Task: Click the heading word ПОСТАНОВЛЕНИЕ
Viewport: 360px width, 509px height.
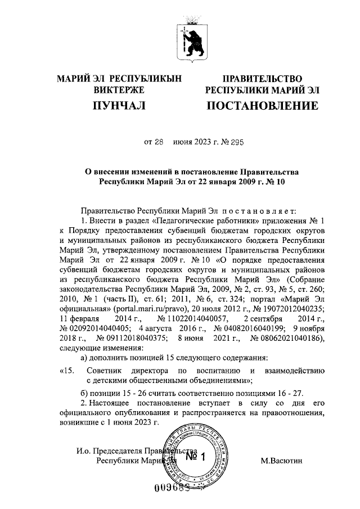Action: tap(262, 106)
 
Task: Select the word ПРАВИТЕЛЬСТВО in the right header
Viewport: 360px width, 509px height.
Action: tap(262, 78)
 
